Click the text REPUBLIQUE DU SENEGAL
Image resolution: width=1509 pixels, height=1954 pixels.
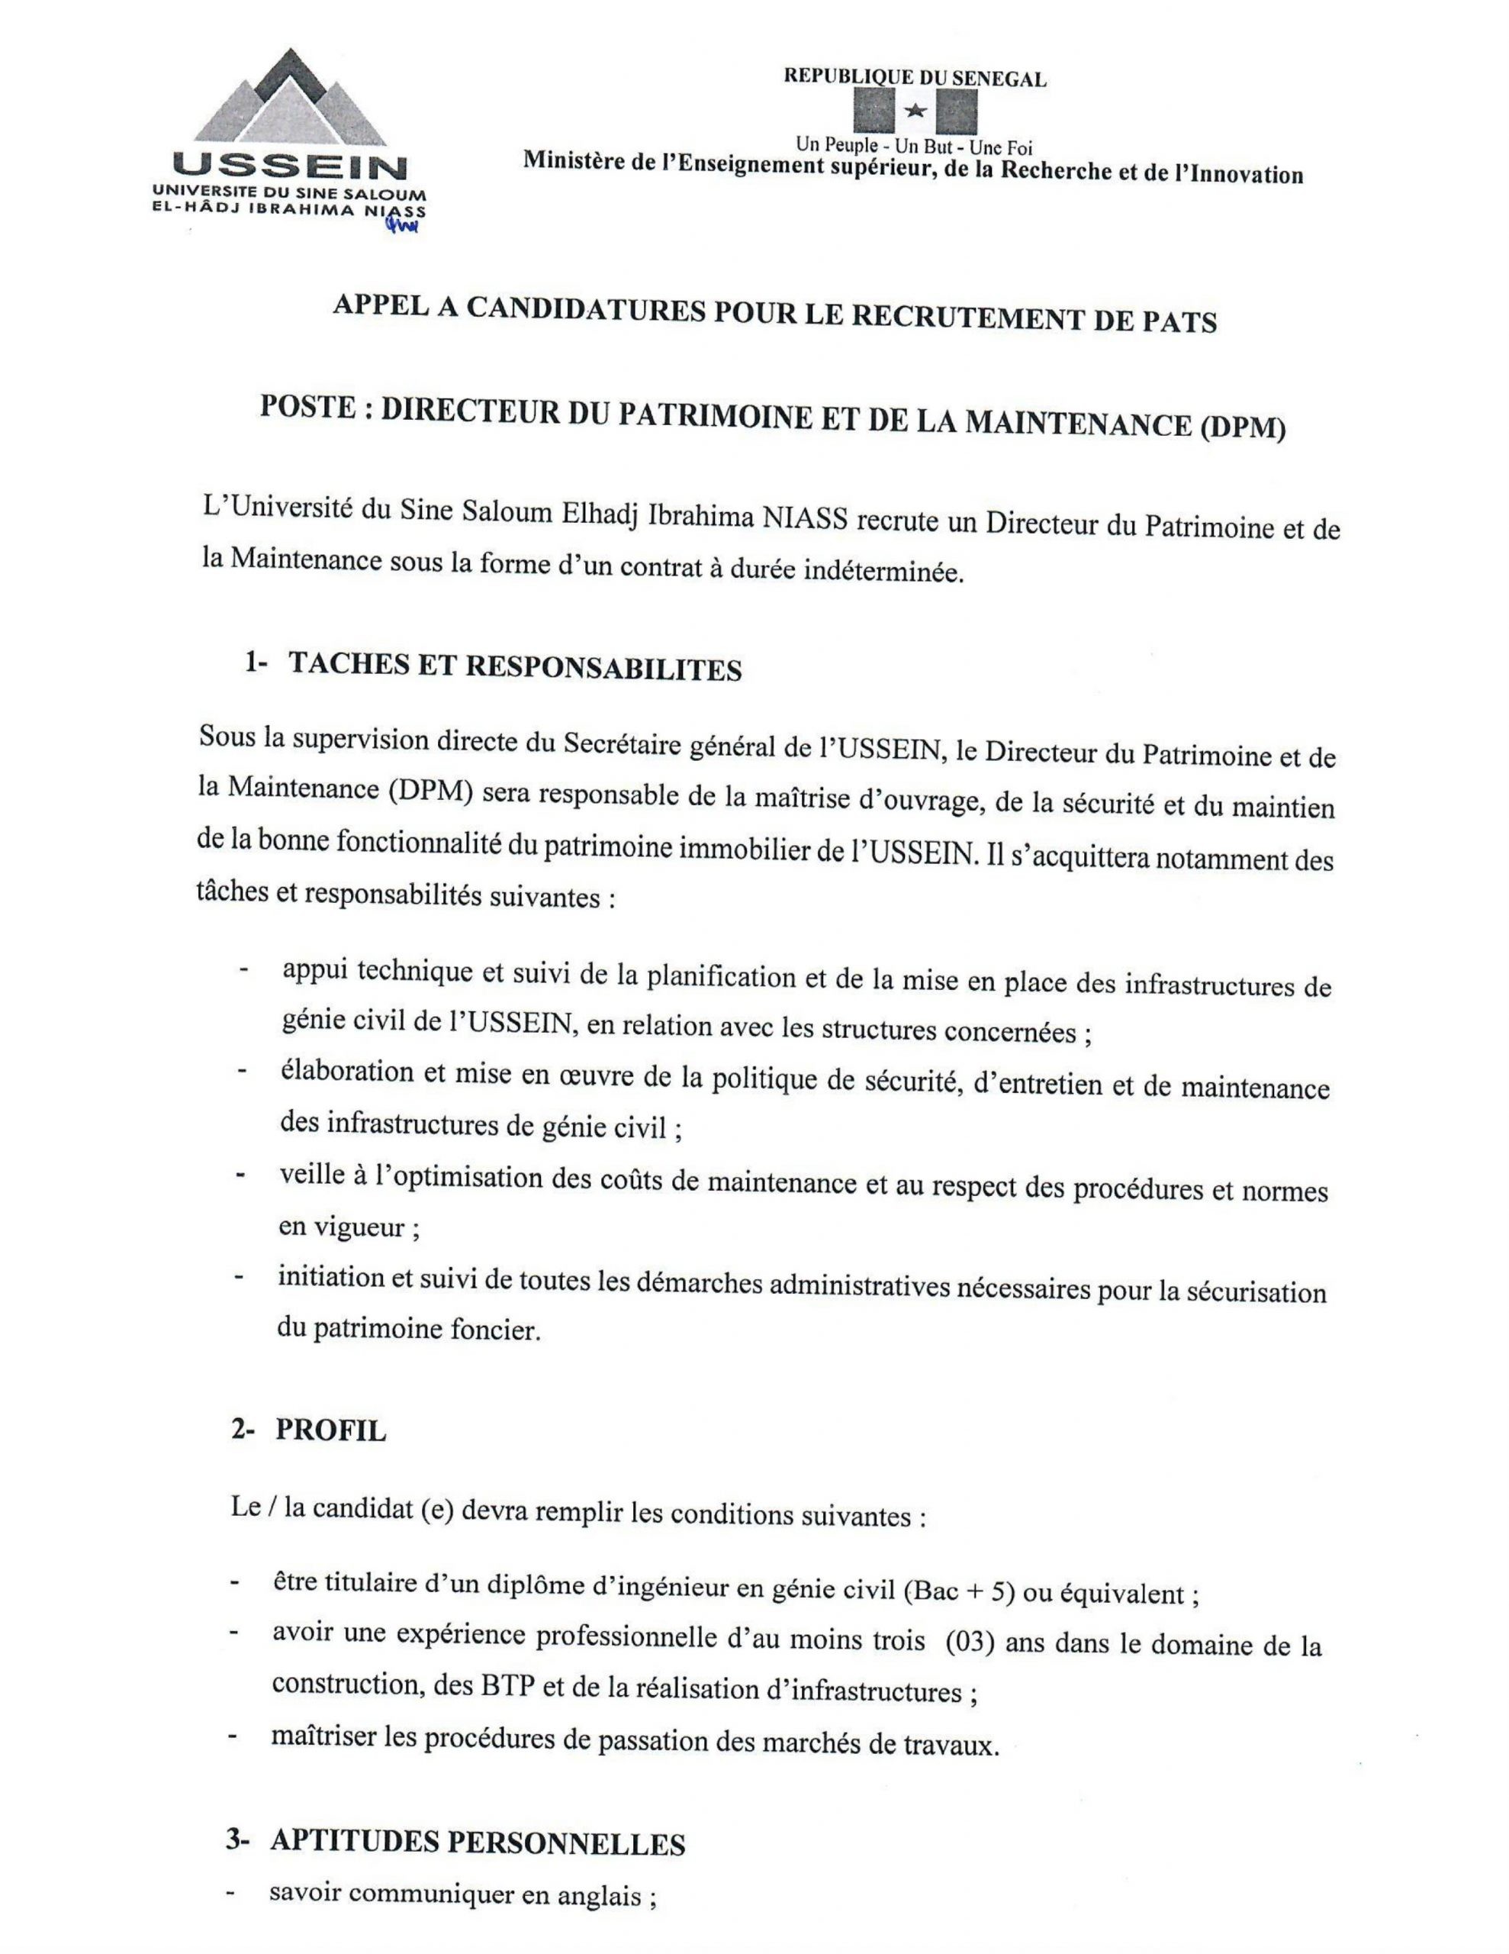coord(915,78)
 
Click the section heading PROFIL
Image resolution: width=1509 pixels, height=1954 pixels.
coord(330,1430)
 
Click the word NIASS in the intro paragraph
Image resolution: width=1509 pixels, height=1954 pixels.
coord(804,518)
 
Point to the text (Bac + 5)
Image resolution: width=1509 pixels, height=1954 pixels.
coord(960,1591)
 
